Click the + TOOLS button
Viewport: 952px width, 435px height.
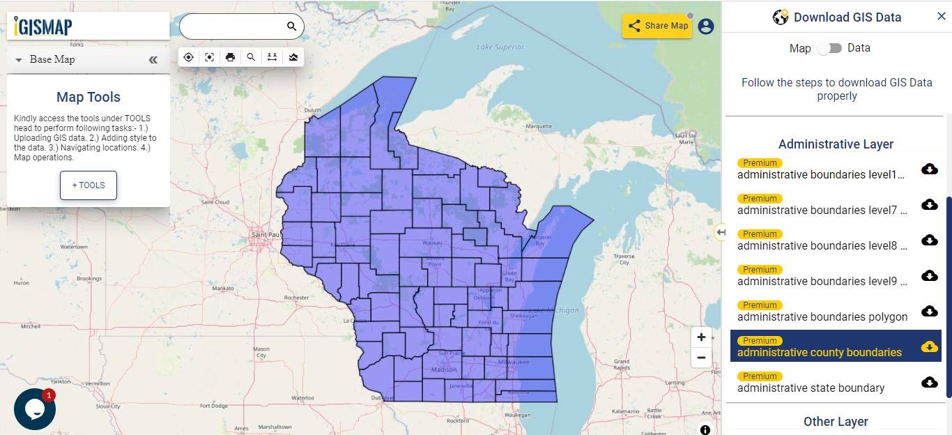click(x=89, y=185)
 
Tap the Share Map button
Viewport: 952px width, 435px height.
click(x=657, y=26)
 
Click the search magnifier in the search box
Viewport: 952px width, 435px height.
click(x=291, y=26)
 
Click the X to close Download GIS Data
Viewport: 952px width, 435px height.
click(x=941, y=17)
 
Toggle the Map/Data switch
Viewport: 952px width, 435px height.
click(x=829, y=48)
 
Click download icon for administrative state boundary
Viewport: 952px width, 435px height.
click(x=929, y=382)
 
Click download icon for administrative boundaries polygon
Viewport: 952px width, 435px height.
click(x=929, y=311)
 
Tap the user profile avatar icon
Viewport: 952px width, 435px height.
click(x=706, y=26)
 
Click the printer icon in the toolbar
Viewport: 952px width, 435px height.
click(x=230, y=57)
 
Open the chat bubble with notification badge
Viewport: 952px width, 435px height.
click(x=34, y=409)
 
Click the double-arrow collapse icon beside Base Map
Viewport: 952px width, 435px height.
click(x=153, y=60)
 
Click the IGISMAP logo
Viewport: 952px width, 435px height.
click(x=43, y=26)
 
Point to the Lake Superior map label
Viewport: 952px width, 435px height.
click(x=500, y=47)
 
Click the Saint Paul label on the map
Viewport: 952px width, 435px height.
click(x=265, y=234)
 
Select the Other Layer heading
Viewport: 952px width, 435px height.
click(x=836, y=422)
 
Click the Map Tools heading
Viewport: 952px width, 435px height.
click(x=89, y=98)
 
